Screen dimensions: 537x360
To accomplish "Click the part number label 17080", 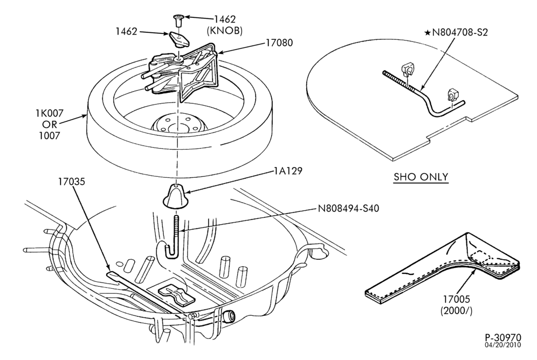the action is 279,43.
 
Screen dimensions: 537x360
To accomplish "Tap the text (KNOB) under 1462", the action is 225,31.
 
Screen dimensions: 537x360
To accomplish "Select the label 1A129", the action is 288,171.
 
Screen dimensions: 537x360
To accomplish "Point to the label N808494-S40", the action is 349,208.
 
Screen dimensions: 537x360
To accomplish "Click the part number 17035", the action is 71,182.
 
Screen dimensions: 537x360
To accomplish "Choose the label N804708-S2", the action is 460,32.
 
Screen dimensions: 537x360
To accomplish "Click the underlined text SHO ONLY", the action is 421,177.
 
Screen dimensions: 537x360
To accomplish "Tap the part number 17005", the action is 457,299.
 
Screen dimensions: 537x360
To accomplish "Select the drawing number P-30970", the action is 502,337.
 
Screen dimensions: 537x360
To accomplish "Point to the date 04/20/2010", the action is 502,344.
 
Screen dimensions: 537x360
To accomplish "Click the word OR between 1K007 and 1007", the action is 50,124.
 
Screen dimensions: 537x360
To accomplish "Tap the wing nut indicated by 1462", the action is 179,39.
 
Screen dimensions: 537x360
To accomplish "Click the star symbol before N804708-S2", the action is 428,32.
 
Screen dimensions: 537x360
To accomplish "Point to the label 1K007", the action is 50,113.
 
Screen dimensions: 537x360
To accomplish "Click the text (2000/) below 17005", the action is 457,311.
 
